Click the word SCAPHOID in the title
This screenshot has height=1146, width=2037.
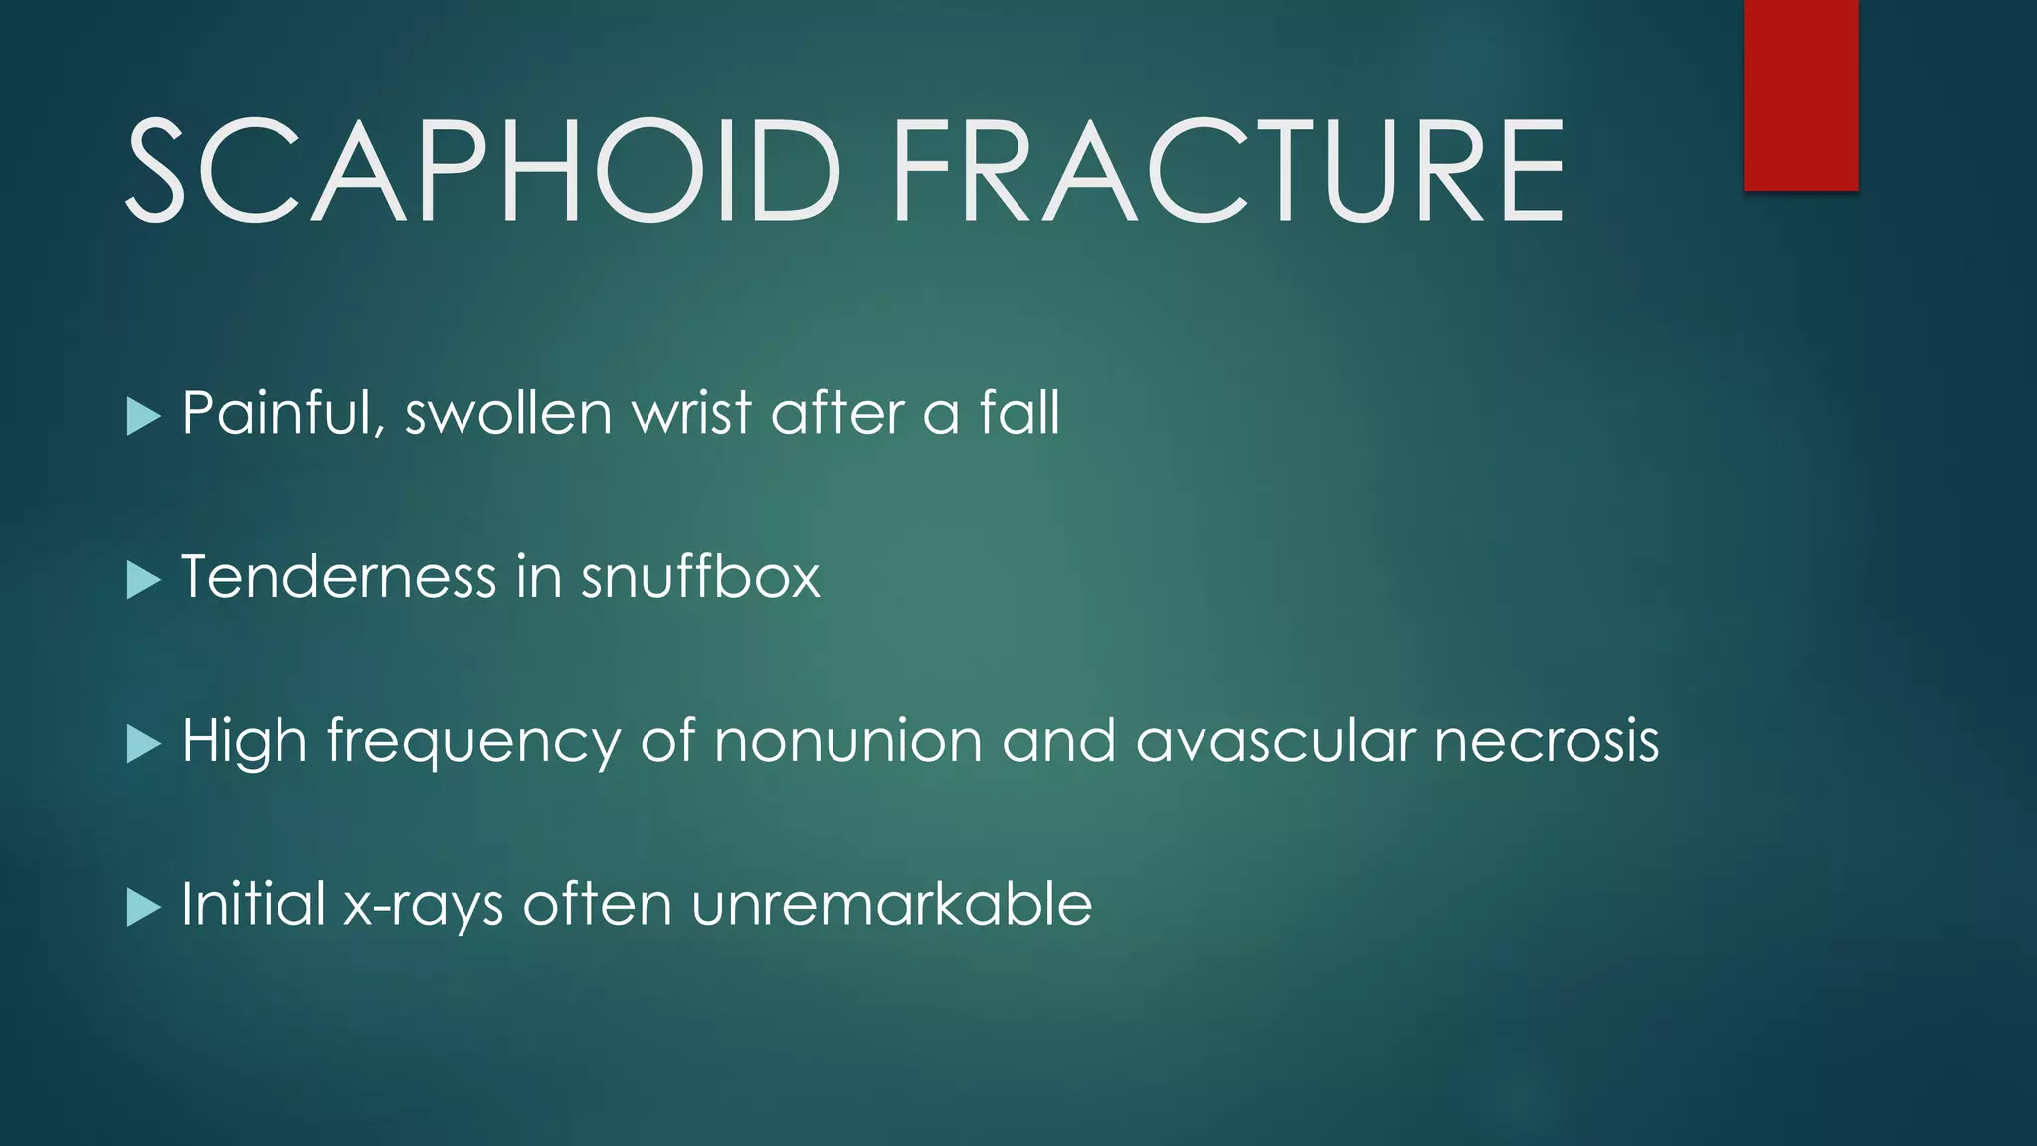(483, 170)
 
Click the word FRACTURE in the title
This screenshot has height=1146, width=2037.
(1228, 170)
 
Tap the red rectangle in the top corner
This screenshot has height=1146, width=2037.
(1800, 95)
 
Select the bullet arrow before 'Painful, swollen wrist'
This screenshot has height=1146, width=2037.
(143, 416)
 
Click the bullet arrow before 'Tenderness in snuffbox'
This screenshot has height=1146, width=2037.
(143, 580)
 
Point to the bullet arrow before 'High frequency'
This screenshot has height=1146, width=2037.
(143, 744)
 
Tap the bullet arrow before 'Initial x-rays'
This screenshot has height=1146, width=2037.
(143, 907)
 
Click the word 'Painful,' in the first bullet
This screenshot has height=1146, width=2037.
(283, 413)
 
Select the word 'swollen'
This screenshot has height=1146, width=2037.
(508, 413)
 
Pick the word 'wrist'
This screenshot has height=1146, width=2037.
(692, 413)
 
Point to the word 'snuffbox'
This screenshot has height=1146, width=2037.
(700, 577)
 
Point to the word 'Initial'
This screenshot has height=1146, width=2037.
(254, 904)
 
